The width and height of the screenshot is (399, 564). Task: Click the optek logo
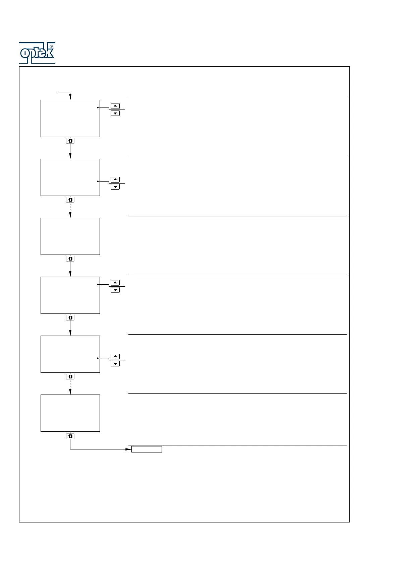pyautogui.click(x=37, y=53)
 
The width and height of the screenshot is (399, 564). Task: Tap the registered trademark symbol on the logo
pyautogui.click(x=51, y=46)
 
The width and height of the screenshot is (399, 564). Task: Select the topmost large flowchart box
pyautogui.click(x=70, y=118)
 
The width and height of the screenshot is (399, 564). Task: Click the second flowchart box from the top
pyautogui.click(x=70, y=177)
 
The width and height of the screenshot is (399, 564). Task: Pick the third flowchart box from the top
pyautogui.click(x=70, y=236)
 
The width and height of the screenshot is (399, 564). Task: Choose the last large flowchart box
pyautogui.click(x=70, y=413)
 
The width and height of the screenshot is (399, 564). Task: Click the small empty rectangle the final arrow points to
pyautogui.click(x=147, y=449)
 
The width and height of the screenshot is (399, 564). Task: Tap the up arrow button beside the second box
pyautogui.click(x=115, y=180)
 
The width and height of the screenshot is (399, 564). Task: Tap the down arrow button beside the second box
pyautogui.click(x=115, y=187)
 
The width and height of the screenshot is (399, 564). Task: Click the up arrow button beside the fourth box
pyautogui.click(x=115, y=283)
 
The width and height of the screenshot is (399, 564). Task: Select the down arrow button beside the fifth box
pyautogui.click(x=115, y=364)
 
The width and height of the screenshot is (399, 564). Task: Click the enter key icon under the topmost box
pyautogui.click(x=70, y=141)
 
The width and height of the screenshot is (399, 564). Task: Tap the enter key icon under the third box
pyautogui.click(x=70, y=259)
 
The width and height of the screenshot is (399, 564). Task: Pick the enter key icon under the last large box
pyautogui.click(x=70, y=436)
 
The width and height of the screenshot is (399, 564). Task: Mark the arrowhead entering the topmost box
pyautogui.click(x=70, y=97)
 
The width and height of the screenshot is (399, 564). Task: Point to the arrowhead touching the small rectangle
pyautogui.click(x=128, y=449)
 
